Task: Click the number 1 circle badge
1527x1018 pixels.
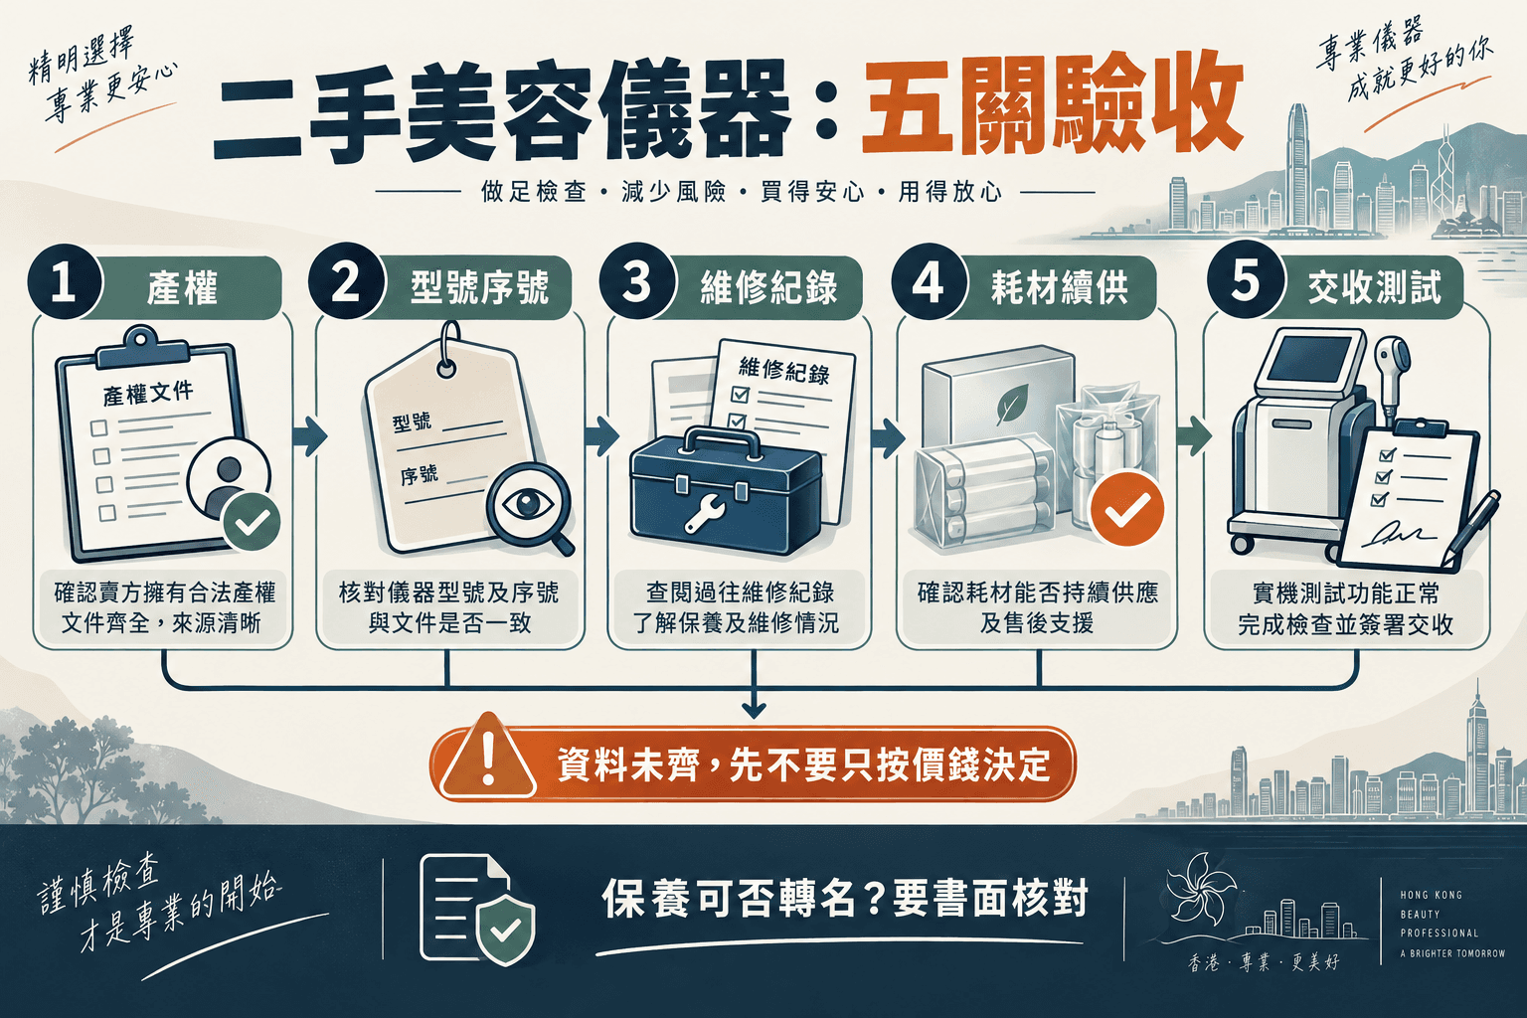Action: (65, 281)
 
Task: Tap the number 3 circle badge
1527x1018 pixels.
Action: (637, 281)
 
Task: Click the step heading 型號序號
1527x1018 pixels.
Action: (479, 287)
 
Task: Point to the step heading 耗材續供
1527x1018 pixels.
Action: (1060, 287)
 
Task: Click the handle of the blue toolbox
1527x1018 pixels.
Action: (722, 439)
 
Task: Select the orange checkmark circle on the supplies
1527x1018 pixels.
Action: (1126, 509)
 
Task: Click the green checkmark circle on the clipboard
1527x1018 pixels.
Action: (251, 522)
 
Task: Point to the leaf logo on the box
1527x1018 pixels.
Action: (1012, 405)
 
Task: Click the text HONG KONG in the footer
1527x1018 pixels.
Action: (1431, 896)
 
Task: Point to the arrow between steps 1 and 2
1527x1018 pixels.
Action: (310, 436)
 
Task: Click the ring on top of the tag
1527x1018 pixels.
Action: (448, 348)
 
